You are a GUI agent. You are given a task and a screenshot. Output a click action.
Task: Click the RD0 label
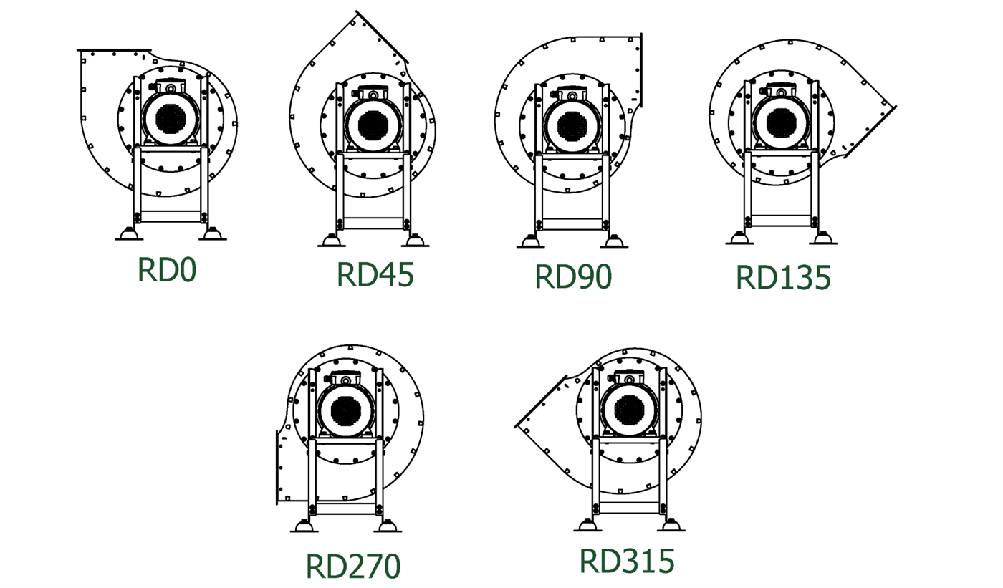tap(166, 270)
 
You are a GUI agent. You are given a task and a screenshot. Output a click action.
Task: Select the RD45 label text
tap(375, 274)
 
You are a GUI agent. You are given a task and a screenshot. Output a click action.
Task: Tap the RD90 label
tap(573, 276)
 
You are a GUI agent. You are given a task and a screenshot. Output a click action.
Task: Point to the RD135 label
tap(783, 278)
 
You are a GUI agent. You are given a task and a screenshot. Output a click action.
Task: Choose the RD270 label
tap(352, 566)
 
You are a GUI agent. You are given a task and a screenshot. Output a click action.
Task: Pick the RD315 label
tap(627, 562)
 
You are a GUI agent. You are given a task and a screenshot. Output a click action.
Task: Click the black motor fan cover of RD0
tap(171, 119)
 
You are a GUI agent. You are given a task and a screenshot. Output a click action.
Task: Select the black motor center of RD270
tap(345, 412)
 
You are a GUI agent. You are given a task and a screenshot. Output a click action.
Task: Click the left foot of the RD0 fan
tap(129, 234)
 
